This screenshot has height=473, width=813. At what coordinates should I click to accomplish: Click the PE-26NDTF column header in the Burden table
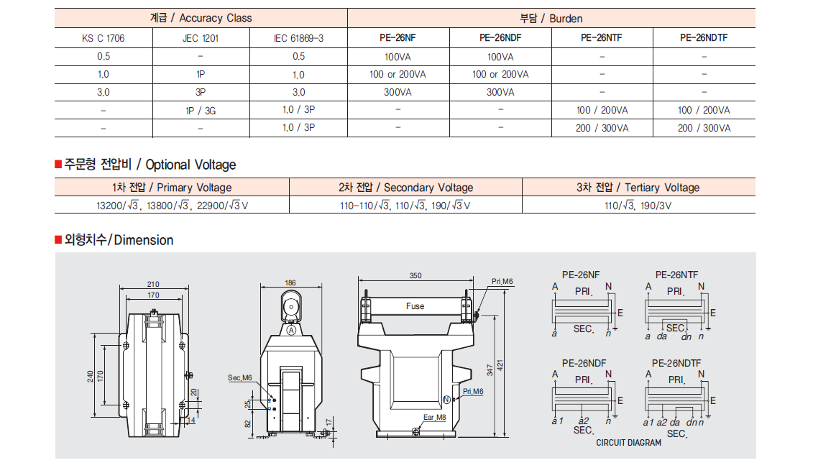[704, 38]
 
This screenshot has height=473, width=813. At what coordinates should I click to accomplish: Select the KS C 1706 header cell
[104, 38]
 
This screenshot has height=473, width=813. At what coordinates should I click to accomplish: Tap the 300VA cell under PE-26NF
[398, 92]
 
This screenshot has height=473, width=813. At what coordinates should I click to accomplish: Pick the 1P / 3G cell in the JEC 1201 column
[201, 111]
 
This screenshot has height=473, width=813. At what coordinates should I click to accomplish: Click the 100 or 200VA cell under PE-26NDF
[500, 74]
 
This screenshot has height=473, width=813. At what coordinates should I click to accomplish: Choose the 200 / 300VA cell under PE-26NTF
[602, 128]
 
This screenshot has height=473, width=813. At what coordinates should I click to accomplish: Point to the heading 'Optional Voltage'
[190, 165]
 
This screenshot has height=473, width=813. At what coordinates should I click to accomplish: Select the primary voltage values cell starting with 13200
[172, 206]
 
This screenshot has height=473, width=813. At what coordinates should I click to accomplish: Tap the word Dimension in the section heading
[144, 240]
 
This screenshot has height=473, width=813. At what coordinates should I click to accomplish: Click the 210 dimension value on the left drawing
[153, 284]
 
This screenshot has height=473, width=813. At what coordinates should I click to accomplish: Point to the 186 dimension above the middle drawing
[290, 283]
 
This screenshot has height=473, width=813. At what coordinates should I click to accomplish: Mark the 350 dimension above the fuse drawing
[415, 276]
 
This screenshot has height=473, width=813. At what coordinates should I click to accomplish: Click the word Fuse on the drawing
[415, 306]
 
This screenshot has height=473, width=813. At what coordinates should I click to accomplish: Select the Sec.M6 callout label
[240, 377]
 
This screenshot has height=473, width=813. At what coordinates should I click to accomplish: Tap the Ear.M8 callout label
[434, 417]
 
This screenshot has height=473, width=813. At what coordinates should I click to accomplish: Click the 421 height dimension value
[500, 366]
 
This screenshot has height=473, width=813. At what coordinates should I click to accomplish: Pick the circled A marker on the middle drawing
[291, 331]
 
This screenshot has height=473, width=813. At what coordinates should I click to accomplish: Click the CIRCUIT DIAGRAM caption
[628, 442]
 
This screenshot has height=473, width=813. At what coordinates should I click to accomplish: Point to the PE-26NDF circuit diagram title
[584, 363]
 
